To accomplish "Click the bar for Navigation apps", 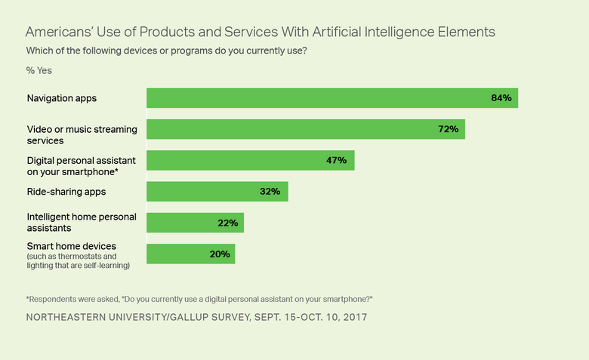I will pos(332,98).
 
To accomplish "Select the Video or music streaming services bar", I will pos(305,129).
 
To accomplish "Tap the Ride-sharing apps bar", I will pos(217,192).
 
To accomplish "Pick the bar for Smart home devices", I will pos(190,254).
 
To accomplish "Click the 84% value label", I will pos(501,98).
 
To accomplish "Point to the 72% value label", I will pos(448,129).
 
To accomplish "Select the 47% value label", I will pos(336,160).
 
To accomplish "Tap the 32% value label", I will pos(270,192).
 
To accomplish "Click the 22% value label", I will pos(227,223).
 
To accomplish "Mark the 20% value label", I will pos(220,254).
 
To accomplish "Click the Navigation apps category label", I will pos(62,98).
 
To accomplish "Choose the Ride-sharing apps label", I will pos(66,192).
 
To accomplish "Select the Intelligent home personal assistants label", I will pos(82,222).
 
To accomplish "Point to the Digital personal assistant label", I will pos(82,160).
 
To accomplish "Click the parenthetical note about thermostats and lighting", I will pos(79,260).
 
